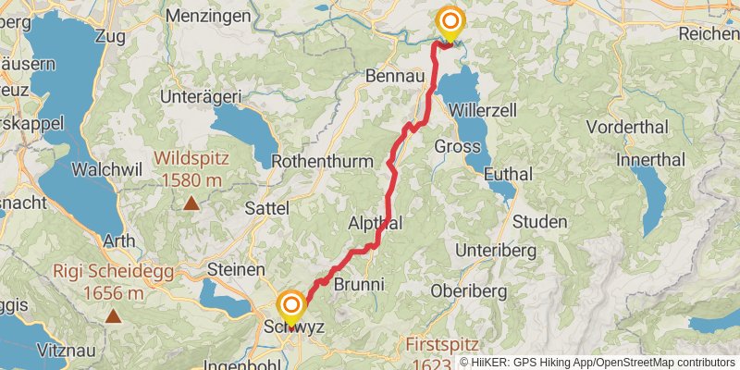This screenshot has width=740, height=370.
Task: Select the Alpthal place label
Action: click(375, 224)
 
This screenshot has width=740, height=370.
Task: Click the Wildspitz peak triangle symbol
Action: click(191, 203)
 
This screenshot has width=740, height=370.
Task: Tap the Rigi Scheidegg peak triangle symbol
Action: click(113, 316)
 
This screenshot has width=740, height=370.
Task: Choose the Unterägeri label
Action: click(201, 96)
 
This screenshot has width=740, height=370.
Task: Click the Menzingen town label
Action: click(208, 16)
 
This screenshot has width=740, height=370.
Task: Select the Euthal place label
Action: click(507, 173)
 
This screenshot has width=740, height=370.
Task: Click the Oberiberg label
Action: click(469, 290)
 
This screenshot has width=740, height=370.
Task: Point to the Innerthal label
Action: click(651, 159)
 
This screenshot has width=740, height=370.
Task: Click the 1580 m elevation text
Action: click(191, 179)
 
